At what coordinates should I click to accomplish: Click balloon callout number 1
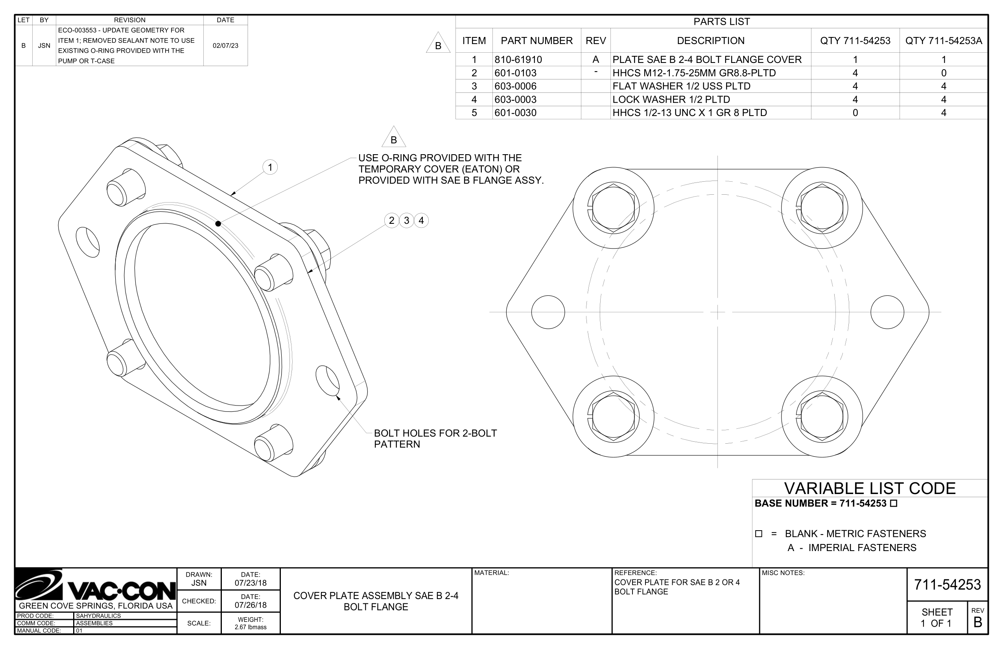coord(270,167)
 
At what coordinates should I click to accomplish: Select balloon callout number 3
coord(406,220)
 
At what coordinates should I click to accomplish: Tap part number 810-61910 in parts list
coord(518,59)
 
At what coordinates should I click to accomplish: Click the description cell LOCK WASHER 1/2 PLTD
coord(671,100)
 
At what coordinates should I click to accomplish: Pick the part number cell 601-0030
coord(515,112)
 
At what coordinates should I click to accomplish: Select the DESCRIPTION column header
coord(710,41)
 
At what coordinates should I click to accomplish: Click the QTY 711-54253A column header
coord(943,41)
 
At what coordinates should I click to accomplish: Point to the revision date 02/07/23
coord(225,46)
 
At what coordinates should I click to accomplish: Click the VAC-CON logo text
coord(122,591)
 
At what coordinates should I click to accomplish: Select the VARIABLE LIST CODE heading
coord(869,488)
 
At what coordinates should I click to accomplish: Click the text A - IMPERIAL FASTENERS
coord(852,548)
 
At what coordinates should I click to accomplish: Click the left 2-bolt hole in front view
coord(548,312)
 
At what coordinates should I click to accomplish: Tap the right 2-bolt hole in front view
coord(887,312)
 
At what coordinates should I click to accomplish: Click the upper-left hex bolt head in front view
coord(613,207)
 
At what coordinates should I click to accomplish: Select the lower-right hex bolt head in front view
coord(822,417)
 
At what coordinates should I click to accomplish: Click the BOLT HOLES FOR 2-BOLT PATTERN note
coord(435,439)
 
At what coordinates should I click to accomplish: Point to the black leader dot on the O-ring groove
coord(218,223)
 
